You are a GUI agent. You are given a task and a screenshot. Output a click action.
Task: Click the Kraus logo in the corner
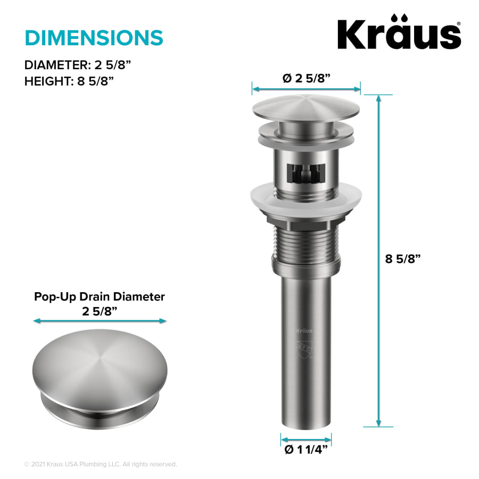click(x=399, y=35)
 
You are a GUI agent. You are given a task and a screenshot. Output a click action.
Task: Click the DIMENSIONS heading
click(x=94, y=38)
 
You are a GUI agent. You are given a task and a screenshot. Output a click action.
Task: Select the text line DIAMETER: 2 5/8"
click(x=78, y=65)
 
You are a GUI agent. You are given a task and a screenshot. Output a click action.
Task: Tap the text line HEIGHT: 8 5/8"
click(x=69, y=81)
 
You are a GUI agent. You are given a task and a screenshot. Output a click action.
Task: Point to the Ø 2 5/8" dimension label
click(x=306, y=78)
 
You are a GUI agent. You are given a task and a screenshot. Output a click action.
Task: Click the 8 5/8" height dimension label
click(x=403, y=259)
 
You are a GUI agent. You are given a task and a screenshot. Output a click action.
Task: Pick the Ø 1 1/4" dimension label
click(x=306, y=450)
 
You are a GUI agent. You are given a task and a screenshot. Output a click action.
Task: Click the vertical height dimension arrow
click(x=378, y=261)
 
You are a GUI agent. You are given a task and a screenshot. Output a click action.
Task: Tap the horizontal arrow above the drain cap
click(x=306, y=88)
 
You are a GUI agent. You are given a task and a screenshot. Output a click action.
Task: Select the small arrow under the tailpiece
click(x=306, y=439)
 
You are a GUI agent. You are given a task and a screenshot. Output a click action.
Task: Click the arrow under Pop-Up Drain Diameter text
click(x=100, y=321)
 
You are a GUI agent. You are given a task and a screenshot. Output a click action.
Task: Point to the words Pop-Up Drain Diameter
click(x=100, y=296)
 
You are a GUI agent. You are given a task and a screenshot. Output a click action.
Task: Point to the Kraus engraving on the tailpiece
click(x=304, y=331)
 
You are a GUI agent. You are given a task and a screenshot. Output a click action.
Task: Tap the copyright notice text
click(x=101, y=464)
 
